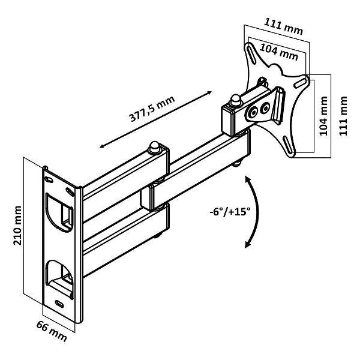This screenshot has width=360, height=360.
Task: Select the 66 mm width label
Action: pos(52,331)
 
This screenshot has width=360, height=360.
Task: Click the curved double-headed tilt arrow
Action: pos(257,212)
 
